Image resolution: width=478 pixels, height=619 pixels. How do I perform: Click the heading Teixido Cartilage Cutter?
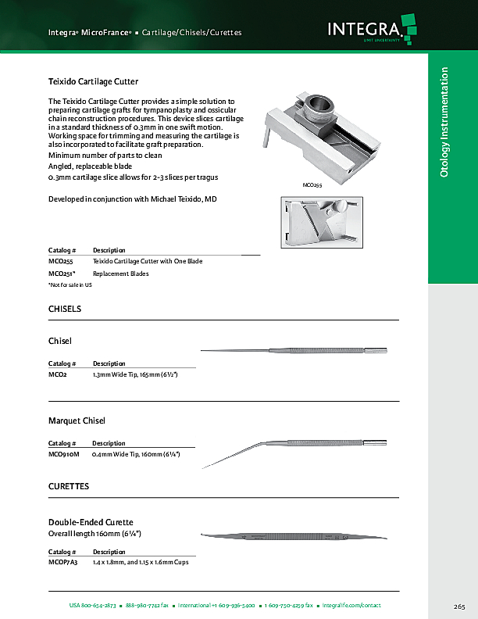(x=94, y=81)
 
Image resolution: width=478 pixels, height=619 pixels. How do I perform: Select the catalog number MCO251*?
(x=62, y=274)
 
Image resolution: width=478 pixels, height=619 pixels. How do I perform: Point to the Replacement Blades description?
(x=121, y=274)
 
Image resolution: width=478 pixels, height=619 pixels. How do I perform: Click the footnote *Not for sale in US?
(x=70, y=285)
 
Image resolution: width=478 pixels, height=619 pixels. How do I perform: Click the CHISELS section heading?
(x=65, y=309)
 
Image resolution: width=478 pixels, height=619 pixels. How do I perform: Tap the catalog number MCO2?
(x=58, y=375)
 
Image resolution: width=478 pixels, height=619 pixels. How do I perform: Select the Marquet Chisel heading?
(x=77, y=421)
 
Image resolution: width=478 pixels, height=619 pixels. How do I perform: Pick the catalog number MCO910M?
(x=64, y=454)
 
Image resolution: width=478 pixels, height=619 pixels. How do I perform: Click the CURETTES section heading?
(x=69, y=486)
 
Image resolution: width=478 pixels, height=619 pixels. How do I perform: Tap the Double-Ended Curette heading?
(x=91, y=522)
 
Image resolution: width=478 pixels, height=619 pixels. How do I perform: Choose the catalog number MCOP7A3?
(x=63, y=563)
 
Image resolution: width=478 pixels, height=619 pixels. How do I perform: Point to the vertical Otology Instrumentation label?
(x=444, y=121)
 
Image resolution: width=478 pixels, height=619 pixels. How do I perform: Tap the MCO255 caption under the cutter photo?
(x=312, y=185)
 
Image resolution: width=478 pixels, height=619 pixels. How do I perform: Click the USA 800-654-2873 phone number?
(x=92, y=606)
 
